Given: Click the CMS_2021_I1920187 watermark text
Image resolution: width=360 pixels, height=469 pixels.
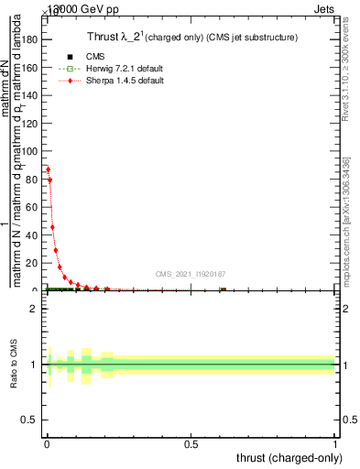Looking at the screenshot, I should click(190, 274).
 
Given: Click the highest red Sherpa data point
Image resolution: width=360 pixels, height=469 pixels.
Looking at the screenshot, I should click(48, 169).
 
